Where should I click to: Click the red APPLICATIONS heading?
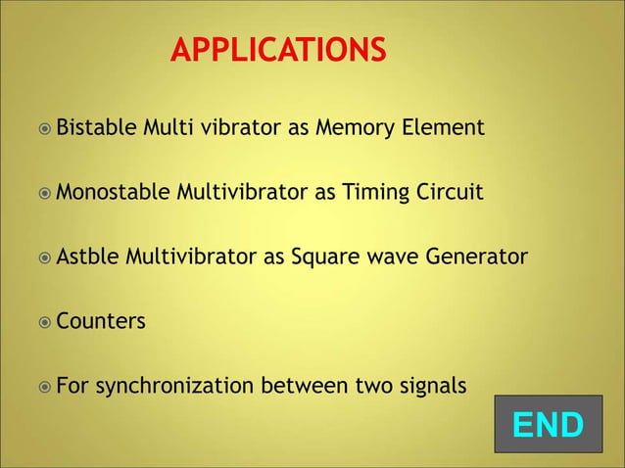[x=278, y=49]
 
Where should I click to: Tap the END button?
[x=548, y=425]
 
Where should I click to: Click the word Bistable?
[x=96, y=127]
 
